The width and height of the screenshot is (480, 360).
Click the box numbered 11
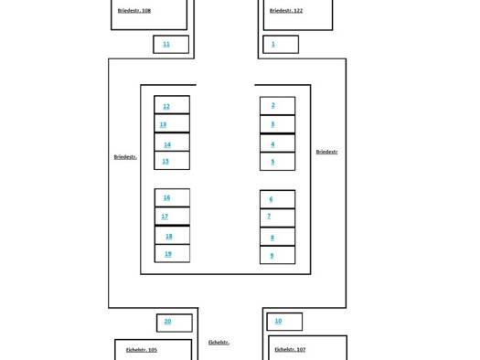(171, 45)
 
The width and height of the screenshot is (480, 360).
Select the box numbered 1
(281, 45)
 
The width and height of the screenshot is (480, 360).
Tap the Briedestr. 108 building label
(134, 11)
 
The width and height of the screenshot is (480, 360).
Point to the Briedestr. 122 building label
(286, 11)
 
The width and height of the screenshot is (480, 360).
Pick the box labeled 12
(172, 104)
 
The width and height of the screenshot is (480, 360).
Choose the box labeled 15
(172, 161)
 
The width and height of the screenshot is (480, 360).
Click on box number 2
(277, 105)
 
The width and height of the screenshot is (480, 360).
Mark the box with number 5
(277, 161)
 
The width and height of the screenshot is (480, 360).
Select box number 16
(172, 198)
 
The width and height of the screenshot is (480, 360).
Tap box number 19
(172, 254)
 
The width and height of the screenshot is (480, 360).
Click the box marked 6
(277, 199)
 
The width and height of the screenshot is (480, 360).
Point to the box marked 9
(277, 255)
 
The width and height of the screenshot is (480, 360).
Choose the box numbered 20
(175, 323)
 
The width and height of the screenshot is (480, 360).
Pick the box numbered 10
(284, 322)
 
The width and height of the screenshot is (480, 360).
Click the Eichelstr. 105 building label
(142, 350)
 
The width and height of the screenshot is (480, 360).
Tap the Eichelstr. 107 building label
(290, 349)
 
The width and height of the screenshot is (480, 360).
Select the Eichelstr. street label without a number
(219, 343)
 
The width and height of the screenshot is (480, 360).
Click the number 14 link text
(167, 144)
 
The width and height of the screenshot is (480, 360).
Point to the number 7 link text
(269, 217)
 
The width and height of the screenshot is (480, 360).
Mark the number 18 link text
(168, 237)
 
